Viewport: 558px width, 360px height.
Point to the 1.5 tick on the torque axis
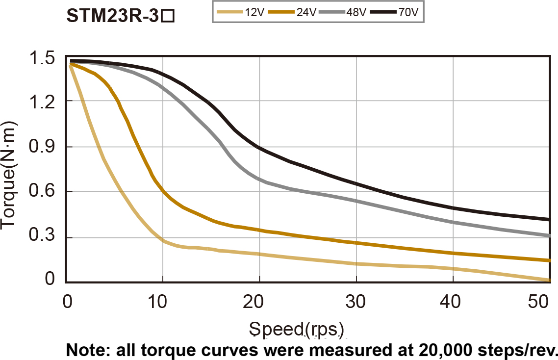[42, 58]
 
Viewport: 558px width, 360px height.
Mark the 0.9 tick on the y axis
[42, 147]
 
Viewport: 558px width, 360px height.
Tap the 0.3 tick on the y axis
[42, 238]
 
